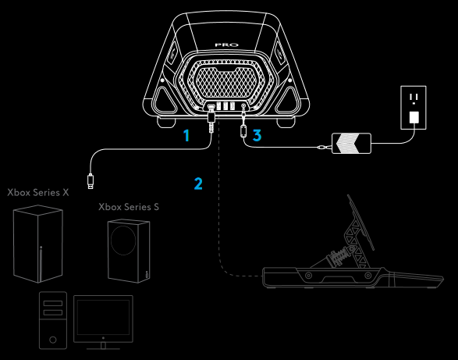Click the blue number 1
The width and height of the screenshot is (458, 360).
[x=186, y=136]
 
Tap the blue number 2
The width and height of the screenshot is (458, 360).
[x=198, y=184]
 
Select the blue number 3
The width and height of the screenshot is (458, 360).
[x=257, y=136]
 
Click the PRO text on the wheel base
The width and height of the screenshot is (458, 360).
[x=226, y=46]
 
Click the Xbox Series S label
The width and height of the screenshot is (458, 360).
[x=129, y=208]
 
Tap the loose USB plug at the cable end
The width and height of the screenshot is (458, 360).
[x=92, y=182]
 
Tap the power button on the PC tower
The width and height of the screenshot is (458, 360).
[x=52, y=340]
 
